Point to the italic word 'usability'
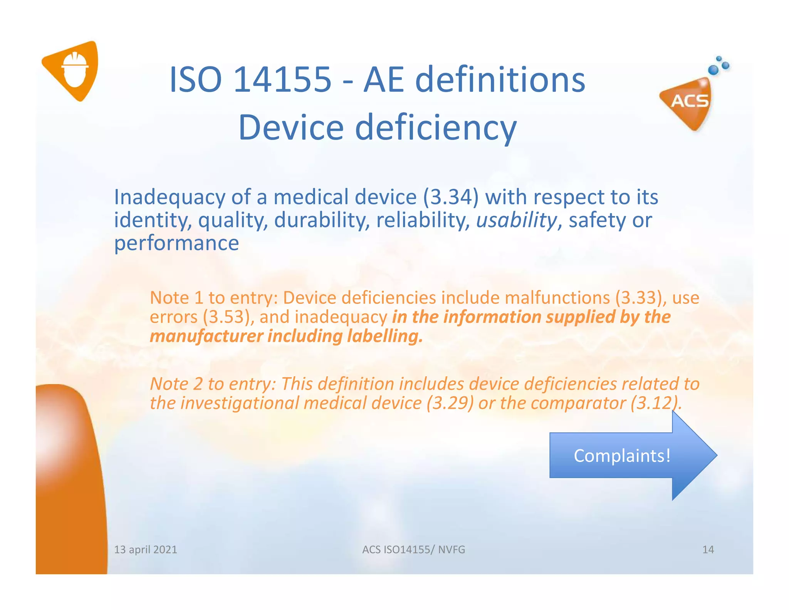tap(516, 220)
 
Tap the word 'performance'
tap(176, 243)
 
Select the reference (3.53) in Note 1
tap(228, 317)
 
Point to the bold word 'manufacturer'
tap(206, 336)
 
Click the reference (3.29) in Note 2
tap(450, 403)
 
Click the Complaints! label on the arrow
tap(622, 456)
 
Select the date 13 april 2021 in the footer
tap(146, 549)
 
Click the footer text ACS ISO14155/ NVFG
tap(413, 549)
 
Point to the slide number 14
tap(708, 549)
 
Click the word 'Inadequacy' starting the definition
tap(170, 197)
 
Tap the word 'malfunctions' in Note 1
tap(557, 298)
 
